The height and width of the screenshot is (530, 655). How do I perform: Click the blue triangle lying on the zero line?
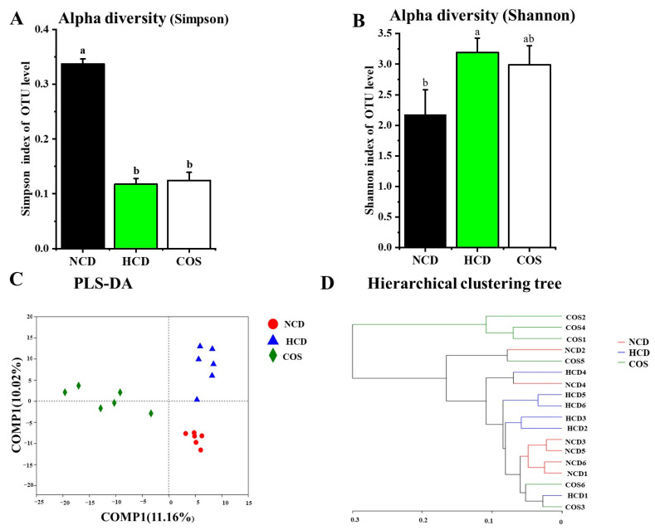(x=197, y=399)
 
